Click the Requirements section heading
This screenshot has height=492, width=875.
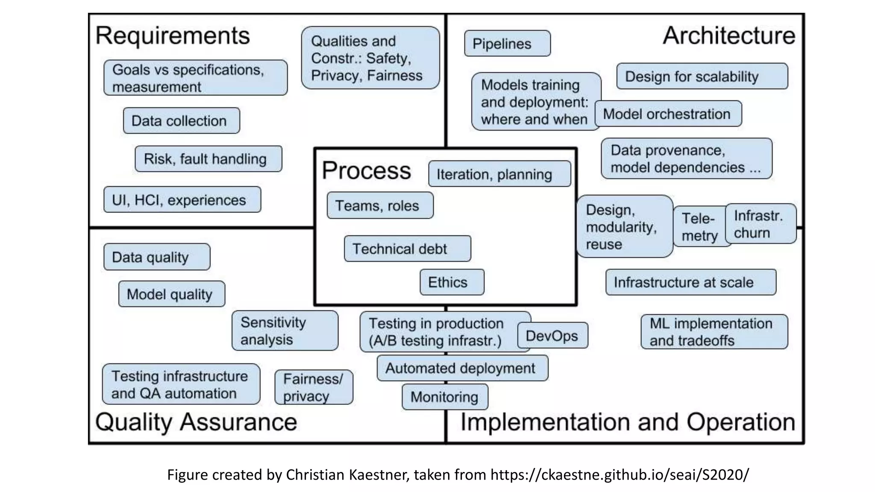click(172, 35)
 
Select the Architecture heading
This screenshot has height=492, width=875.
click(728, 35)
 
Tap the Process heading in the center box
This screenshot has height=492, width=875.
click(366, 170)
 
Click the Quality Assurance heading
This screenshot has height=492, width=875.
click(196, 422)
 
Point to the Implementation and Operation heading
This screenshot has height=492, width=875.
click(628, 422)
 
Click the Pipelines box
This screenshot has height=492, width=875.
click(507, 44)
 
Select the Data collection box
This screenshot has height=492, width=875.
click(181, 121)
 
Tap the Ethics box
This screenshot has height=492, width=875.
click(452, 282)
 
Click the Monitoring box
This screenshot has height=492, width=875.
click(445, 397)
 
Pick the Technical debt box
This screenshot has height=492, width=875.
click(407, 249)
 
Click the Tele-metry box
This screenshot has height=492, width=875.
click(699, 227)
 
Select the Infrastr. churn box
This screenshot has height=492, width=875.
click(760, 224)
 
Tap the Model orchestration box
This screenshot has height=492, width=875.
click(668, 114)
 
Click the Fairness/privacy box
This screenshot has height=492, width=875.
click(314, 387)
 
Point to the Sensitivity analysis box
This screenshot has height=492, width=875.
click(285, 331)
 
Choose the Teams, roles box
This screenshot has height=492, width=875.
click(380, 206)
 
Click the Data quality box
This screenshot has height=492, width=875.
click(156, 257)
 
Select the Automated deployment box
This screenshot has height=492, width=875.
click(462, 368)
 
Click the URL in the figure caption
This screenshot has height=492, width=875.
click(619, 474)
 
